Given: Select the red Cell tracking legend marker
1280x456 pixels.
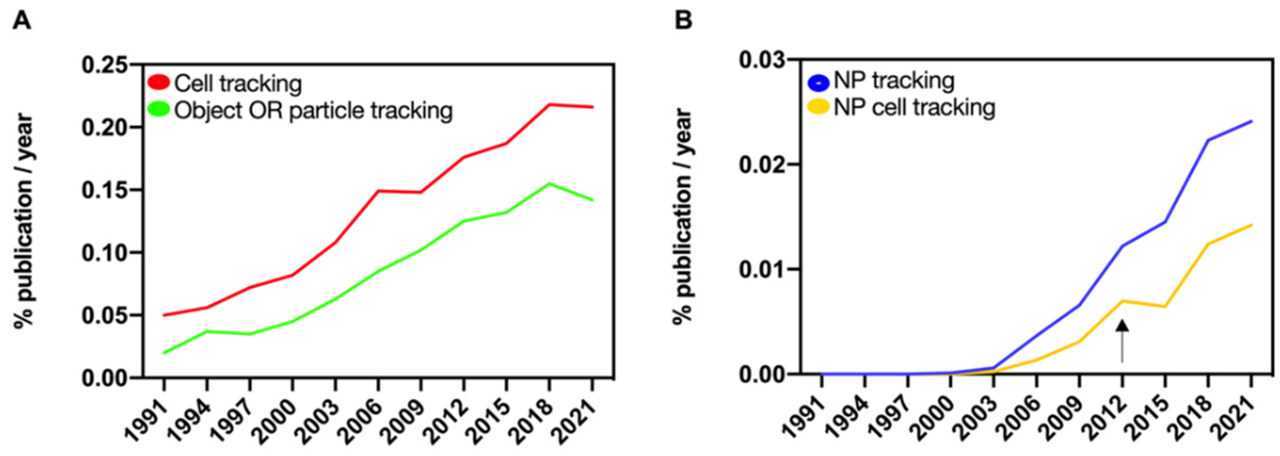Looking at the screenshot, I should (x=159, y=83).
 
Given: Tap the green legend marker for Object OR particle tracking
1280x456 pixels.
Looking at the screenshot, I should (x=159, y=109).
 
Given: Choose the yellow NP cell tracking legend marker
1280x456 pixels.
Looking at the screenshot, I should (x=819, y=106).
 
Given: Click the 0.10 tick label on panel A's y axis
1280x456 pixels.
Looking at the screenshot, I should (x=106, y=253).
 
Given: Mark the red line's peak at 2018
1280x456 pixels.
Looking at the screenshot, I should (x=549, y=104).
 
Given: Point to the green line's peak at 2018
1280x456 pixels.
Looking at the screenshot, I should (x=549, y=184).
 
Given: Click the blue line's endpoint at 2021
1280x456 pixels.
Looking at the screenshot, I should (x=1251, y=121).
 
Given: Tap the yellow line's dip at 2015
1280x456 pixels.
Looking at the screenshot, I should (x=1165, y=306).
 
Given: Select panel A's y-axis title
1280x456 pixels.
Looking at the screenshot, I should (x=24, y=221).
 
